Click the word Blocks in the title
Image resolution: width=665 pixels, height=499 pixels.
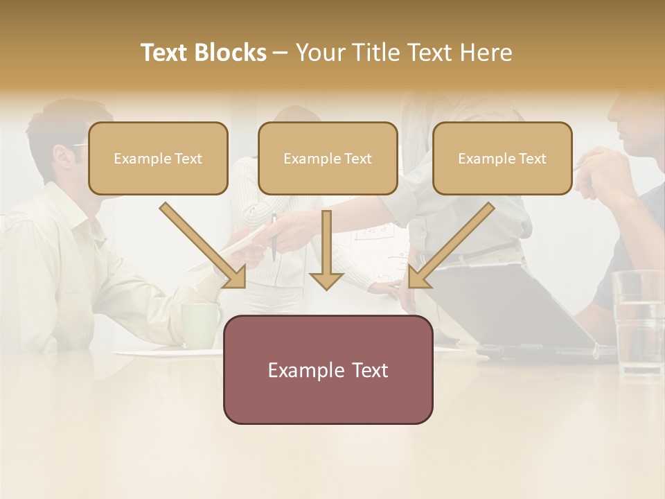[x=231, y=53]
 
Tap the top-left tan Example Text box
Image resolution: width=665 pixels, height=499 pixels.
[x=158, y=159]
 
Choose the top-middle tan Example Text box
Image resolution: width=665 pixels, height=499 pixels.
[x=328, y=159]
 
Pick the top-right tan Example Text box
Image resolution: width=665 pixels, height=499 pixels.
[x=502, y=159]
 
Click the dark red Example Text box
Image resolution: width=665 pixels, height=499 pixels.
[x=328, y=370]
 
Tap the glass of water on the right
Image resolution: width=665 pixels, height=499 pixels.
[x=638, y=323]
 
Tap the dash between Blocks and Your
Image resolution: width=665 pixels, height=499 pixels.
[x=281, y=53]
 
